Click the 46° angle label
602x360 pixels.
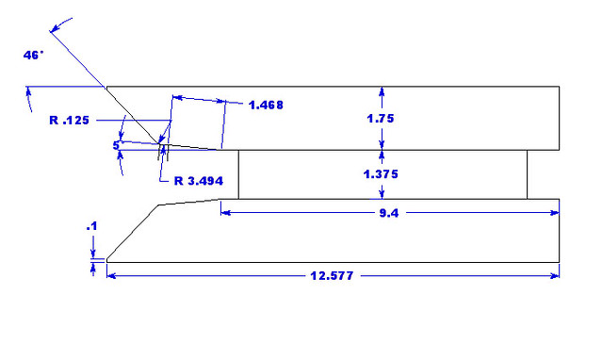(33, 56)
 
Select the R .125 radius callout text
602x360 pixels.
(69, 121)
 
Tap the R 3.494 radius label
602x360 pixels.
(199, 181)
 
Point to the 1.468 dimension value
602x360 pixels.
(266, 105)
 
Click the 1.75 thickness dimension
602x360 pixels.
(381, 119)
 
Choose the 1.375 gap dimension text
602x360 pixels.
(381, 174)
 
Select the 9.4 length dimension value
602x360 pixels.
(389, 213)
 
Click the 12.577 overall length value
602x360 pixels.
(332, 276)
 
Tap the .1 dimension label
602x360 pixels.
(91, 227)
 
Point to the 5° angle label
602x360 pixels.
(117, 146)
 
